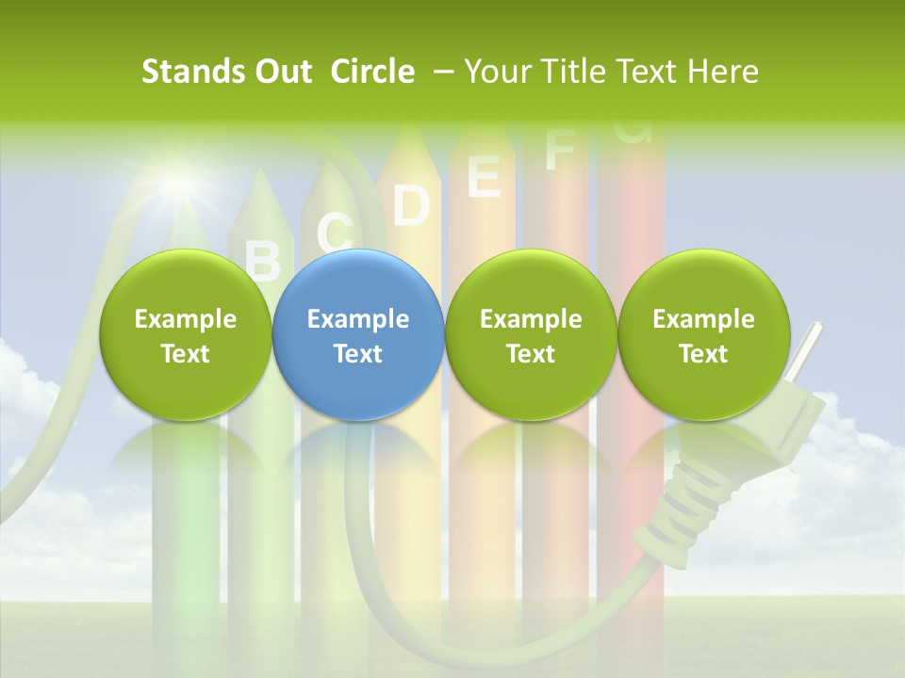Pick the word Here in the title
coord(721,72)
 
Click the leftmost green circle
coord(185,335)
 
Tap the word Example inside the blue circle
coord(357,319)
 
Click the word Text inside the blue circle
coord(357,354)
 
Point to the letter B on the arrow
coord(263,260)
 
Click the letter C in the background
coord(335,232)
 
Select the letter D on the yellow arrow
coord(410,205)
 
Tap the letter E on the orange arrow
coord(484,176)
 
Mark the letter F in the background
coord(560,151)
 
